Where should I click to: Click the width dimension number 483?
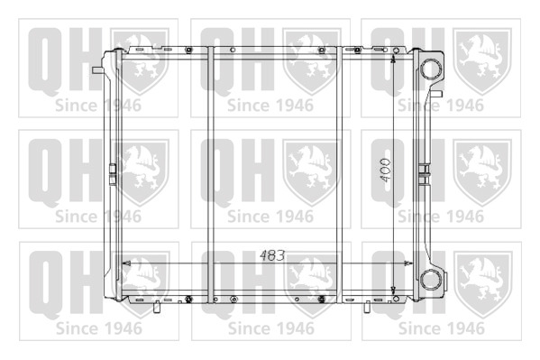point(272,255)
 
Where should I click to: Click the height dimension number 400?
point(385,170)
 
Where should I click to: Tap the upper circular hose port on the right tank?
point(431,69)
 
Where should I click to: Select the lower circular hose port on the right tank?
point(431,279)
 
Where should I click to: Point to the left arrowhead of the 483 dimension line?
point(126,263)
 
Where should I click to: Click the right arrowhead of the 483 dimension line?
point(408,263)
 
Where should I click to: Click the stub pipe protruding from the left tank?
point(98,70)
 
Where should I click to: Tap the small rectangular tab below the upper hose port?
point(437,94)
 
